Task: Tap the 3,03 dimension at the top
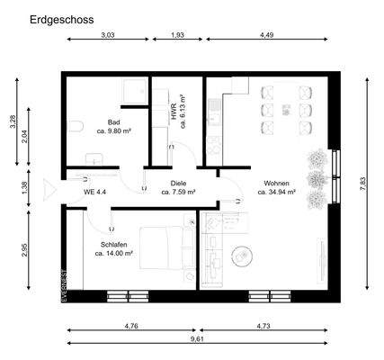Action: pyautogui.click(x=107, y=35)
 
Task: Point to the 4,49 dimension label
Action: pyautogui.click(x=267, y=35)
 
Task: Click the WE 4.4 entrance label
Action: pyautogui.click(x=95, y=192)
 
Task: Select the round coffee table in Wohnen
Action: pyautogui.click(x=242, y=257)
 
